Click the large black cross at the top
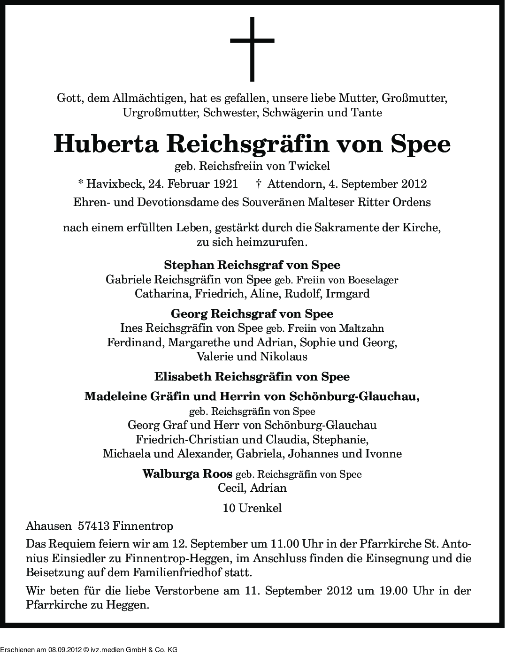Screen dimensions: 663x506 coord(252,49)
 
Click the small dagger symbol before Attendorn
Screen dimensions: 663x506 coord(259,183)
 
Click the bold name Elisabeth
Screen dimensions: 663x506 coord(183,376)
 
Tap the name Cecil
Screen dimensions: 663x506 coord(231,488)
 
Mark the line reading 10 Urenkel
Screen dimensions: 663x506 coord(253,508)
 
